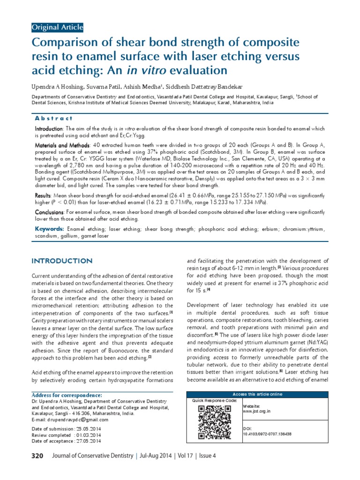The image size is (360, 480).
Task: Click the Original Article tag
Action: click(57, 27)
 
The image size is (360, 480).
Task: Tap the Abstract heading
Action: click(54, 119)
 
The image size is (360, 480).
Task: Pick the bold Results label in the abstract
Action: click(45, 195)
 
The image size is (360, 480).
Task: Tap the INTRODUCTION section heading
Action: click(61, 261)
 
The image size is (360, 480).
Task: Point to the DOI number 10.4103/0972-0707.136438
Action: click(267, 434)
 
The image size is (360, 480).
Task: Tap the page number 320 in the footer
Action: click(37, 456)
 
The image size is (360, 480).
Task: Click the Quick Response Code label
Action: click(215, 401)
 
